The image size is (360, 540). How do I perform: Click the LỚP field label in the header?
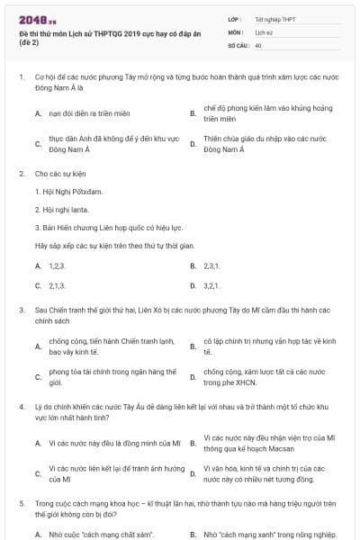click(x=235, y=19)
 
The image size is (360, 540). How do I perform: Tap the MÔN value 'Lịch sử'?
click(x=264, y=31)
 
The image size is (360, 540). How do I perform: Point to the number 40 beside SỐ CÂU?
click(x=258, y=44)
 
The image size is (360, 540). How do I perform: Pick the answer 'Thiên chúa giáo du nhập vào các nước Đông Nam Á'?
click(x=269, y=144)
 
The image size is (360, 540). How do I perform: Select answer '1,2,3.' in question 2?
click(x=57, y=266)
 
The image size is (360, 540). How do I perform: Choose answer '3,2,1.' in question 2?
click(x=212, y=285)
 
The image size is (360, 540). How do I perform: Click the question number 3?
click(x=21, y=310)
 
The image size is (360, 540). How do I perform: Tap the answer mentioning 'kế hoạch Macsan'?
click(x=269, y=443)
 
